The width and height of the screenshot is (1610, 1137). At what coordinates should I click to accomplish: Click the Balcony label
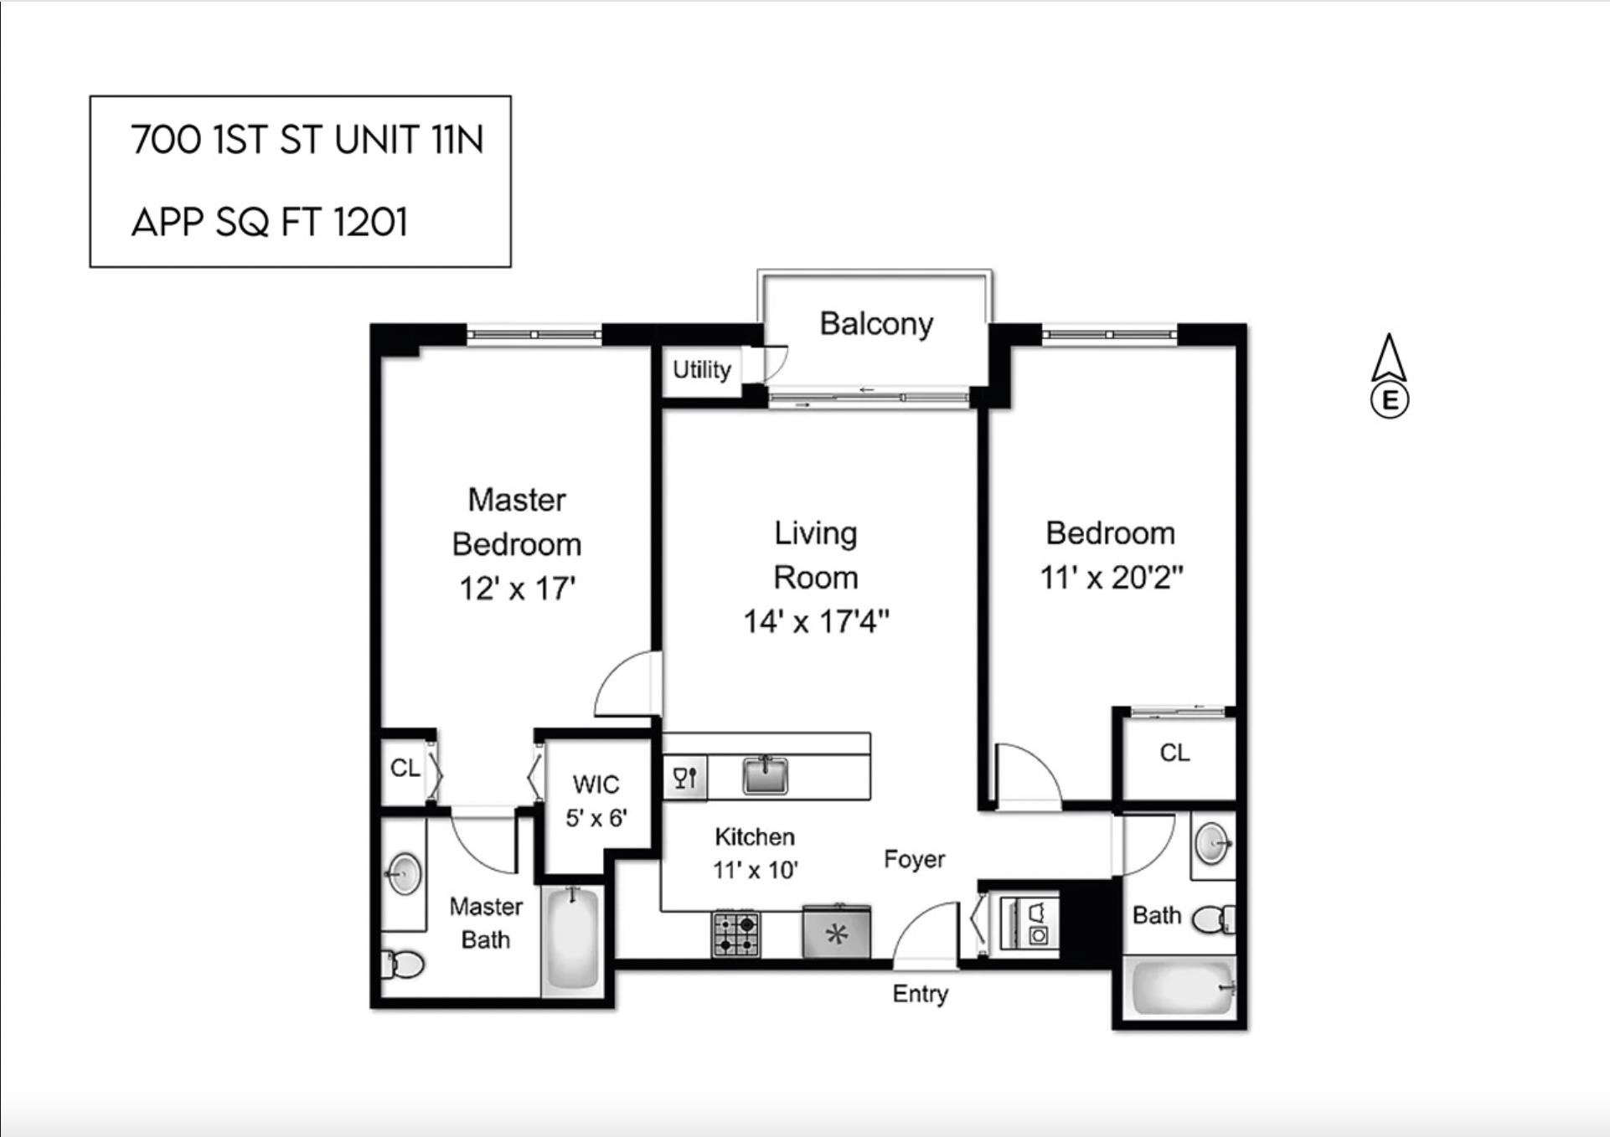[x=875, y=324]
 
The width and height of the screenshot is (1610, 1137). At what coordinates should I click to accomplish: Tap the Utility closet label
[x=701, y=369]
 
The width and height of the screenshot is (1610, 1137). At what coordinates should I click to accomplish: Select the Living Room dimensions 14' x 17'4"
[x=816, y=622]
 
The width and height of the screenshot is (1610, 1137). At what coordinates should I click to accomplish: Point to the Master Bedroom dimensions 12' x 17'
[x=517, y=589]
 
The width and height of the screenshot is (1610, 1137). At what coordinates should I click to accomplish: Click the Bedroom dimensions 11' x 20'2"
[x=1111, y=578]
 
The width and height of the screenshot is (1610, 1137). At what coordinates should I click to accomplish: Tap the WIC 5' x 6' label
[x=596, y=801]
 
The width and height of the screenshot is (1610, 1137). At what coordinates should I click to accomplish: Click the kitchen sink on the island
[x=765, y=774]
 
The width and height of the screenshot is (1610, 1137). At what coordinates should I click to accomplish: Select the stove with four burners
[x=736, y=934]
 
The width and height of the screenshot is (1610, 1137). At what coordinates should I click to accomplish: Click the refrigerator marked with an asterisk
[x=836, y=932]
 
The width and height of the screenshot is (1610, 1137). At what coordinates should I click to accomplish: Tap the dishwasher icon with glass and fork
[x=684, y=778]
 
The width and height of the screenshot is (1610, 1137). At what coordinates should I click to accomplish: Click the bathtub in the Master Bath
[x=573, y=939]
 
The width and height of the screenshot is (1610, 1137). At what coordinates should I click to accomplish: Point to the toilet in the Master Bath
[x=403, y=965]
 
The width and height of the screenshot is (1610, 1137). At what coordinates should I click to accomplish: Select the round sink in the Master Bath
[x=405, y=873]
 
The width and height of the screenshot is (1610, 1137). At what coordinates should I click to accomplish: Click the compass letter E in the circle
[x=1389, y=400]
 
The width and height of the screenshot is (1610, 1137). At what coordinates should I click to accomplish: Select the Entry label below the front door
[x=920, y=994]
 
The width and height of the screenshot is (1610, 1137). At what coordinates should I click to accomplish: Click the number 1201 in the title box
[x=370, y=223]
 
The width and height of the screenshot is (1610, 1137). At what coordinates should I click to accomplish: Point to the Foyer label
[x=914, y=859]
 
